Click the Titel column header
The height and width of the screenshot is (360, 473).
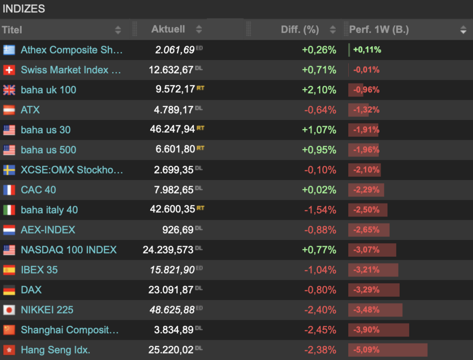(x=12, y=30)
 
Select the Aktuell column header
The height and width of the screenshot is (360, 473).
(x=168, y=29)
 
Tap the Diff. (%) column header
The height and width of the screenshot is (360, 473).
(x=300, y=30)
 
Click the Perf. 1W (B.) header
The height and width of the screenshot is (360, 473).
(x=379, y=30)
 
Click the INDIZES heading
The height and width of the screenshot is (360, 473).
(x=24, y=8)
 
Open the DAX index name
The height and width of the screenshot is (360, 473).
(x=31, y=290)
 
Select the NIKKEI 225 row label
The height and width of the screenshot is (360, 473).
(x=47, y=310)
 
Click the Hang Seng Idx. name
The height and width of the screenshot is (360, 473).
(x=55, y=350)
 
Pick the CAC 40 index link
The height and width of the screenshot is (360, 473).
(x=38, y=190)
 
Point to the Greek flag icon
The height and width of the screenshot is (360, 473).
(x=9, y=50)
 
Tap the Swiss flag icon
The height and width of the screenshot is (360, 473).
(x=9, y=70)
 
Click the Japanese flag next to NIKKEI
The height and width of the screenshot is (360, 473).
(x=9, y=310)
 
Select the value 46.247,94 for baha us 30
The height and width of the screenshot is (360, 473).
(x=172, y=130)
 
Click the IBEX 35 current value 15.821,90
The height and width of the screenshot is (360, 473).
(x=172, y=270)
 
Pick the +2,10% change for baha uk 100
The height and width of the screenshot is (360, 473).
(x=319, y=90)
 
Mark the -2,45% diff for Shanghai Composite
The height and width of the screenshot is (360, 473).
(x=320, y=330)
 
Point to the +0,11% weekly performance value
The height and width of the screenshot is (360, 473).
(x=367, y=50)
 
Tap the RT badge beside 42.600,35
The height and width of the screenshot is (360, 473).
(x=200, y=208)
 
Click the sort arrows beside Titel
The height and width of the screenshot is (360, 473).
(x=118, y=30)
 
